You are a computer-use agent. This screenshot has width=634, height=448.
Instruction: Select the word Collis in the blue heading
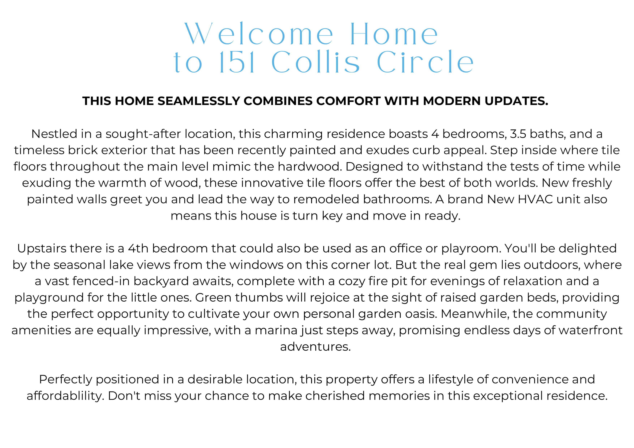coord(315,62)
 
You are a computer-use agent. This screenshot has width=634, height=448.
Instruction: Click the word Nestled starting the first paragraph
coord(54,134)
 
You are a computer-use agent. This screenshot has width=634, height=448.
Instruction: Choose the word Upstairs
coord(42,249)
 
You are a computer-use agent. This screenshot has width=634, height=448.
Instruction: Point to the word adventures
coord(315,347)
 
